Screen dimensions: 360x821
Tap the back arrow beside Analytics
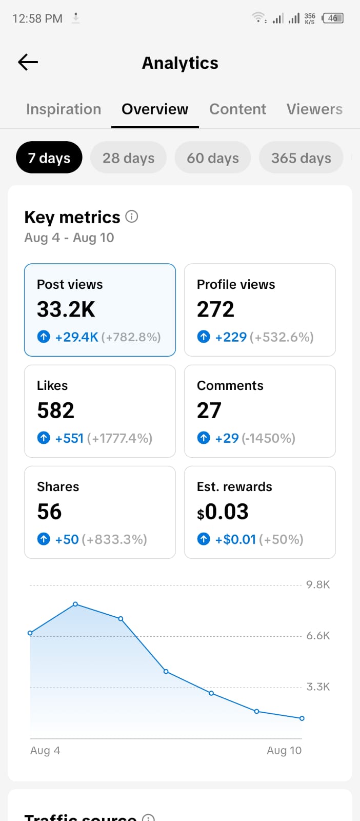point(28,62)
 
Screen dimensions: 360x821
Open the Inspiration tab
point(64,109)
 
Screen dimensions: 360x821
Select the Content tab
point(237,109)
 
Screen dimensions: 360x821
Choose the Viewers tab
point(314,109)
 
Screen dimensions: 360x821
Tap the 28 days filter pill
point(129,158)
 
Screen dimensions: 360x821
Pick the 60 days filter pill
point(213,158)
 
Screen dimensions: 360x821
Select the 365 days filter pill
point(301,158)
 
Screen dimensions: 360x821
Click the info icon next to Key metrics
point(132,217)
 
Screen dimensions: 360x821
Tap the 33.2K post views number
point(66,309)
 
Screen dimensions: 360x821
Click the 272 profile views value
point(215,309)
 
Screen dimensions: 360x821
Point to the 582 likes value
point(56,411)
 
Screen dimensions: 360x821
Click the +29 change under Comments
point(227,438)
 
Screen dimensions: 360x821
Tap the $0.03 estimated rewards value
point(223,512)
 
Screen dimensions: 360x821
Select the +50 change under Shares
point(67,539)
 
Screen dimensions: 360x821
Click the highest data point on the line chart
point(75,603)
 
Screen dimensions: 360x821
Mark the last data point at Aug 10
point(302,718)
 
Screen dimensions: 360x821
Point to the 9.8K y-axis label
point(318,584)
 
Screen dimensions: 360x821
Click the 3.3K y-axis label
point(318,687)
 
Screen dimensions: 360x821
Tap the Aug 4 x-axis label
point(45,750)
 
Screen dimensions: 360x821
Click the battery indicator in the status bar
point(332,18)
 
